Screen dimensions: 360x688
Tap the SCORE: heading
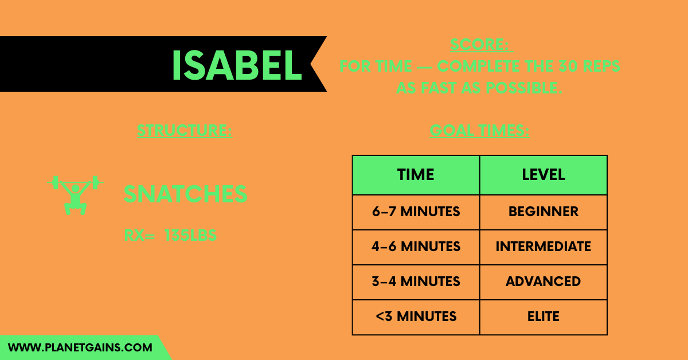click(482, 45)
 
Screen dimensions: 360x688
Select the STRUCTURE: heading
click(185, 131)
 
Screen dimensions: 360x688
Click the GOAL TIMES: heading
click(480, 131)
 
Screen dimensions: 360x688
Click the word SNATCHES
click(186, 195)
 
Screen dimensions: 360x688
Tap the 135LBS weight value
click(190, 235)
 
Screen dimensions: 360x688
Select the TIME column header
click(416, 175)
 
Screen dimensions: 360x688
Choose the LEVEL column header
click(543, 175)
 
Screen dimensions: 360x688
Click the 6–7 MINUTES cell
click(416, 212)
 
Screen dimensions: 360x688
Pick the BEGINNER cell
click(543, 212)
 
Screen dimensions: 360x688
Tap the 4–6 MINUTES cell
click(416, 247)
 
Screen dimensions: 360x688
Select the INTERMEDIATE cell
click(543, 247)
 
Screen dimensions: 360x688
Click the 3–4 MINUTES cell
click(416, 282)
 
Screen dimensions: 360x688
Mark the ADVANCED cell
click(543, 282)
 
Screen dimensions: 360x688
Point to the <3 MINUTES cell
click(416, 316)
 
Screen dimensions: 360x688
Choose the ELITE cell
click(543, 316)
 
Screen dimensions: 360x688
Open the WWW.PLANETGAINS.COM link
click(80, 347)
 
